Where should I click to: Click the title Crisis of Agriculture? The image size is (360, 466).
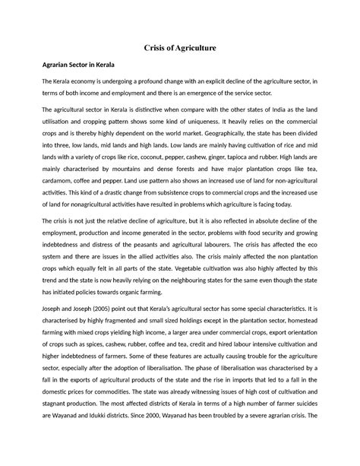pos(180,48)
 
